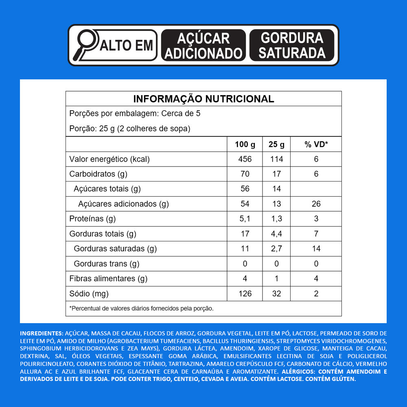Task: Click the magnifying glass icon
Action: pyautogui.click(x=86, y=42)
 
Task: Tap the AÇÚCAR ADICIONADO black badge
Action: pyautogui.click(x=203, y=45)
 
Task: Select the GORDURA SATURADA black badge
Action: pyautogui.click(x=292, y=45)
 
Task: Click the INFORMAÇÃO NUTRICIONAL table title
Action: pyautogui.click(x=203, y=99)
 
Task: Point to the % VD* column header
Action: pyautogui.click(x=316, y=144)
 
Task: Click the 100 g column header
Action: pyautogui.click(x=245, y=144)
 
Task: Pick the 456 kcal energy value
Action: pyautogui.click(x=245, y=159)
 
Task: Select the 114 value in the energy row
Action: pyautogui.click(x=276, y=159)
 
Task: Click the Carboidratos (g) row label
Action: pyautogui.click(x=98, y=174)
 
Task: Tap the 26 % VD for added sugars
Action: pyautogui.click(x=316, y=204)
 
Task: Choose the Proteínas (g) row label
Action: pyautogui.click(x=93, y=219)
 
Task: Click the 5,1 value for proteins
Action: pyautogui.click(x=245, y=219)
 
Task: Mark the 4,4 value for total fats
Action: pyautogui.click(x=276, y=234)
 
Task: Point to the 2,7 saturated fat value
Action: pyautogui.click(x=276, y=249)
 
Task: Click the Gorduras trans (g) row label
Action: pyautogui.click(x=107, y=264)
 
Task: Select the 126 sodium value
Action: pyautogui.click(x=245, y=293)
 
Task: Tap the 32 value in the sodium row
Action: pyautogui.click(x=276, y=293)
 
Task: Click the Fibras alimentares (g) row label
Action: pyautogui.click(x=108, y=279)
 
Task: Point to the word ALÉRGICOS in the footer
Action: pyautogui.click(x=299, y=372)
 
